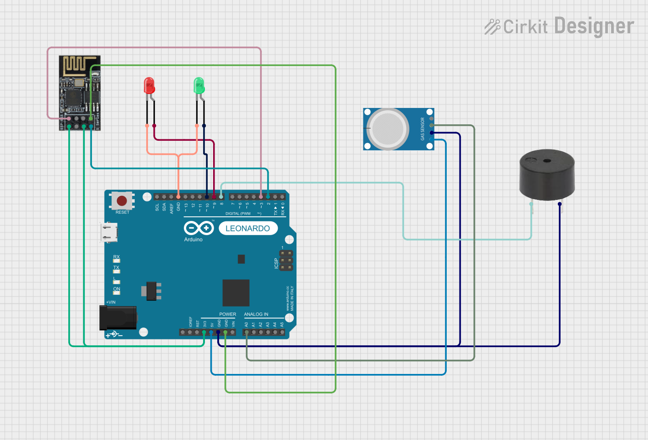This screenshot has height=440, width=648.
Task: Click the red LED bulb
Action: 149,85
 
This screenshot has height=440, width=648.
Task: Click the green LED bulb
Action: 199,85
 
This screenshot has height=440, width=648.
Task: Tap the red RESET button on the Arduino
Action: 122,200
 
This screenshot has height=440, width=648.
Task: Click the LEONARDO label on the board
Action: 248,228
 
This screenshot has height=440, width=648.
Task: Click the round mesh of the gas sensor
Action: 388,129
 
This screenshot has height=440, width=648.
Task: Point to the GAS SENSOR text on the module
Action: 423,129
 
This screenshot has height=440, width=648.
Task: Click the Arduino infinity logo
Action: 199,228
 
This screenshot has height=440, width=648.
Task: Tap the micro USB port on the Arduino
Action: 109,232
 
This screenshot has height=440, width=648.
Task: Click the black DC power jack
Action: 118,317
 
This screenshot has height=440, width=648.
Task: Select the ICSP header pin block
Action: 286,261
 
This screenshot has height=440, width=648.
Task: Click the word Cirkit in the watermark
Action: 526,27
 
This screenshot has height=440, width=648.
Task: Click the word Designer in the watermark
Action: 594,26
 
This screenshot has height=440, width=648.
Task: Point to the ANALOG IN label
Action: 256,314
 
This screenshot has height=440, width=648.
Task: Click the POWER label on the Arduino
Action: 228,314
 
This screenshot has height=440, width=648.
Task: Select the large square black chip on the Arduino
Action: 236,292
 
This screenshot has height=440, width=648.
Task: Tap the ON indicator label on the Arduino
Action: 117,289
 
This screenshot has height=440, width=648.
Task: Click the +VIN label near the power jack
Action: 111,302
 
